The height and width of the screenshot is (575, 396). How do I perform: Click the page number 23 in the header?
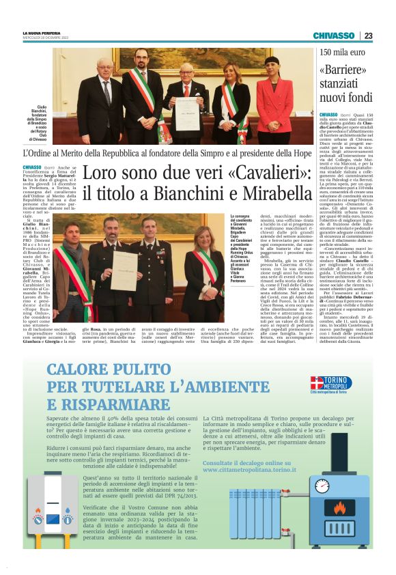coord(368,36)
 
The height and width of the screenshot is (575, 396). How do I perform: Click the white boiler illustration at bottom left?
coord(58,515)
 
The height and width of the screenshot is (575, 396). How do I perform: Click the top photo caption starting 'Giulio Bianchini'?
coord(36,120)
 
